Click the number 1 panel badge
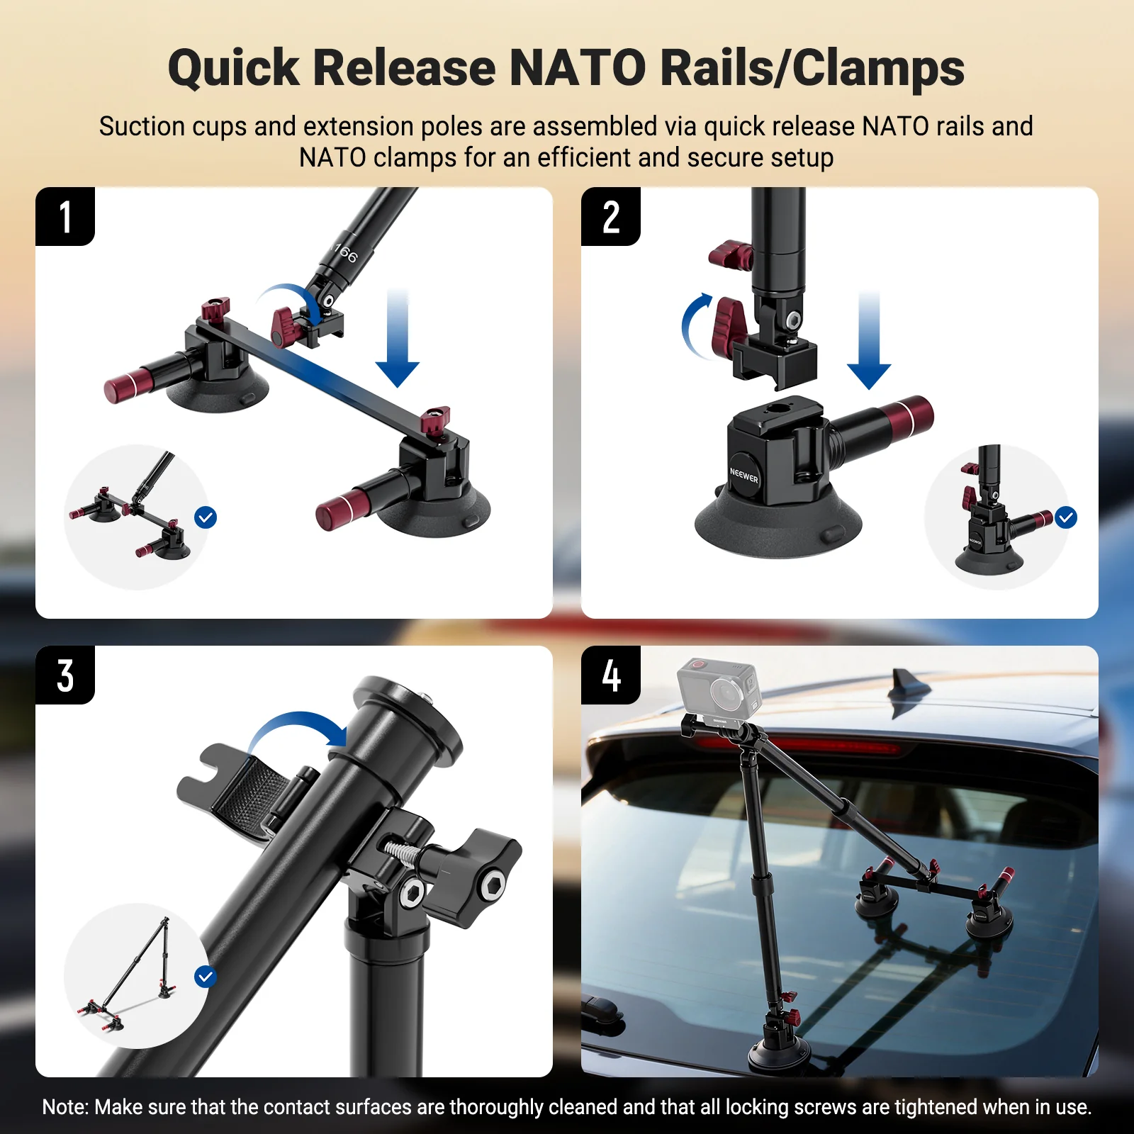pos(65,217)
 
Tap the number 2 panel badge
pos(611,217)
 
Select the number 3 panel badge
pos(65,675)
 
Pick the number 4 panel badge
pos(611,675)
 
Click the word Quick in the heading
pos(233,69)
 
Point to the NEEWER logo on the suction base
pos(743,475)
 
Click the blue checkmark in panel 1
pos(206,517)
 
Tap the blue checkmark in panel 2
pos(1065,517)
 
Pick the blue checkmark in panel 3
pos(206,977)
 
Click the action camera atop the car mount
pos(718,687)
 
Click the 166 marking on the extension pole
pos(346,252)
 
